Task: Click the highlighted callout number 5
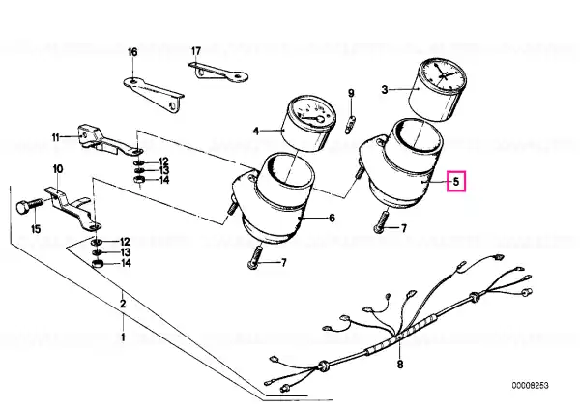[455, 182]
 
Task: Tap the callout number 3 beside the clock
[385, 90]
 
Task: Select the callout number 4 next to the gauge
[256, 131]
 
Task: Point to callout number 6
[332, 218]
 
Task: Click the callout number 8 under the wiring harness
[400, 365]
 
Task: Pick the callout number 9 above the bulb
[351, 93]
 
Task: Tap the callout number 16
[132, 52]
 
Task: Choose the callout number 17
[196, 51]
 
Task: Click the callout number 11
[56, 137]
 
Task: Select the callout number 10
[58, 169]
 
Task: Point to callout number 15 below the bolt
[36, 229]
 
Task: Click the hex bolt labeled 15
[30, 206]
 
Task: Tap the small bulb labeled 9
[351, 124]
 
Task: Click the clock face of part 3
[442, 74]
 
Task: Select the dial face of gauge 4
[310, 114]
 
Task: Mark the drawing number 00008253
[530, 386]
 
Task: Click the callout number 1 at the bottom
[123, 337]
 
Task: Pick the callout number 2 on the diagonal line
[123, 304]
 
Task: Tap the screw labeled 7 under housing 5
[381, 221]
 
